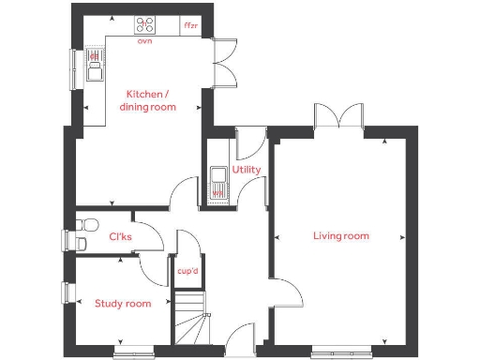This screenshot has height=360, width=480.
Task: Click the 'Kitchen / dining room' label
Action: click(x=147, y=100)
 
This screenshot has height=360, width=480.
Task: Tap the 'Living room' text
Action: click(x=340, y=236)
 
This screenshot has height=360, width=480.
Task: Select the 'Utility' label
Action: click(x=247, y=171)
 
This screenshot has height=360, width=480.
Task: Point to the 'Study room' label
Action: click(x=123, y=303)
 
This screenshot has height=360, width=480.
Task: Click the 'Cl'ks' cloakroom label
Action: click(x=121, y=237)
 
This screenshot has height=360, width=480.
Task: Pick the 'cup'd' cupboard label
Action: click(x=188, y=271)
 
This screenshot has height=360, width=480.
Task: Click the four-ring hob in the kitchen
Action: click(x=145, y=25)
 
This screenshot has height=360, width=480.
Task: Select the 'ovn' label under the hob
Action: click(x=144, y=41)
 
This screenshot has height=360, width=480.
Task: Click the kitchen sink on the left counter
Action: click(x=94, y=65)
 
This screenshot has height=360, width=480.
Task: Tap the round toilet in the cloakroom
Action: click(x=88, y=224)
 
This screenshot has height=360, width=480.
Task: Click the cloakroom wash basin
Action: click(x=81, y=244)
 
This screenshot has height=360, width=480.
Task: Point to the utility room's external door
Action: click(x=248, y=143)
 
